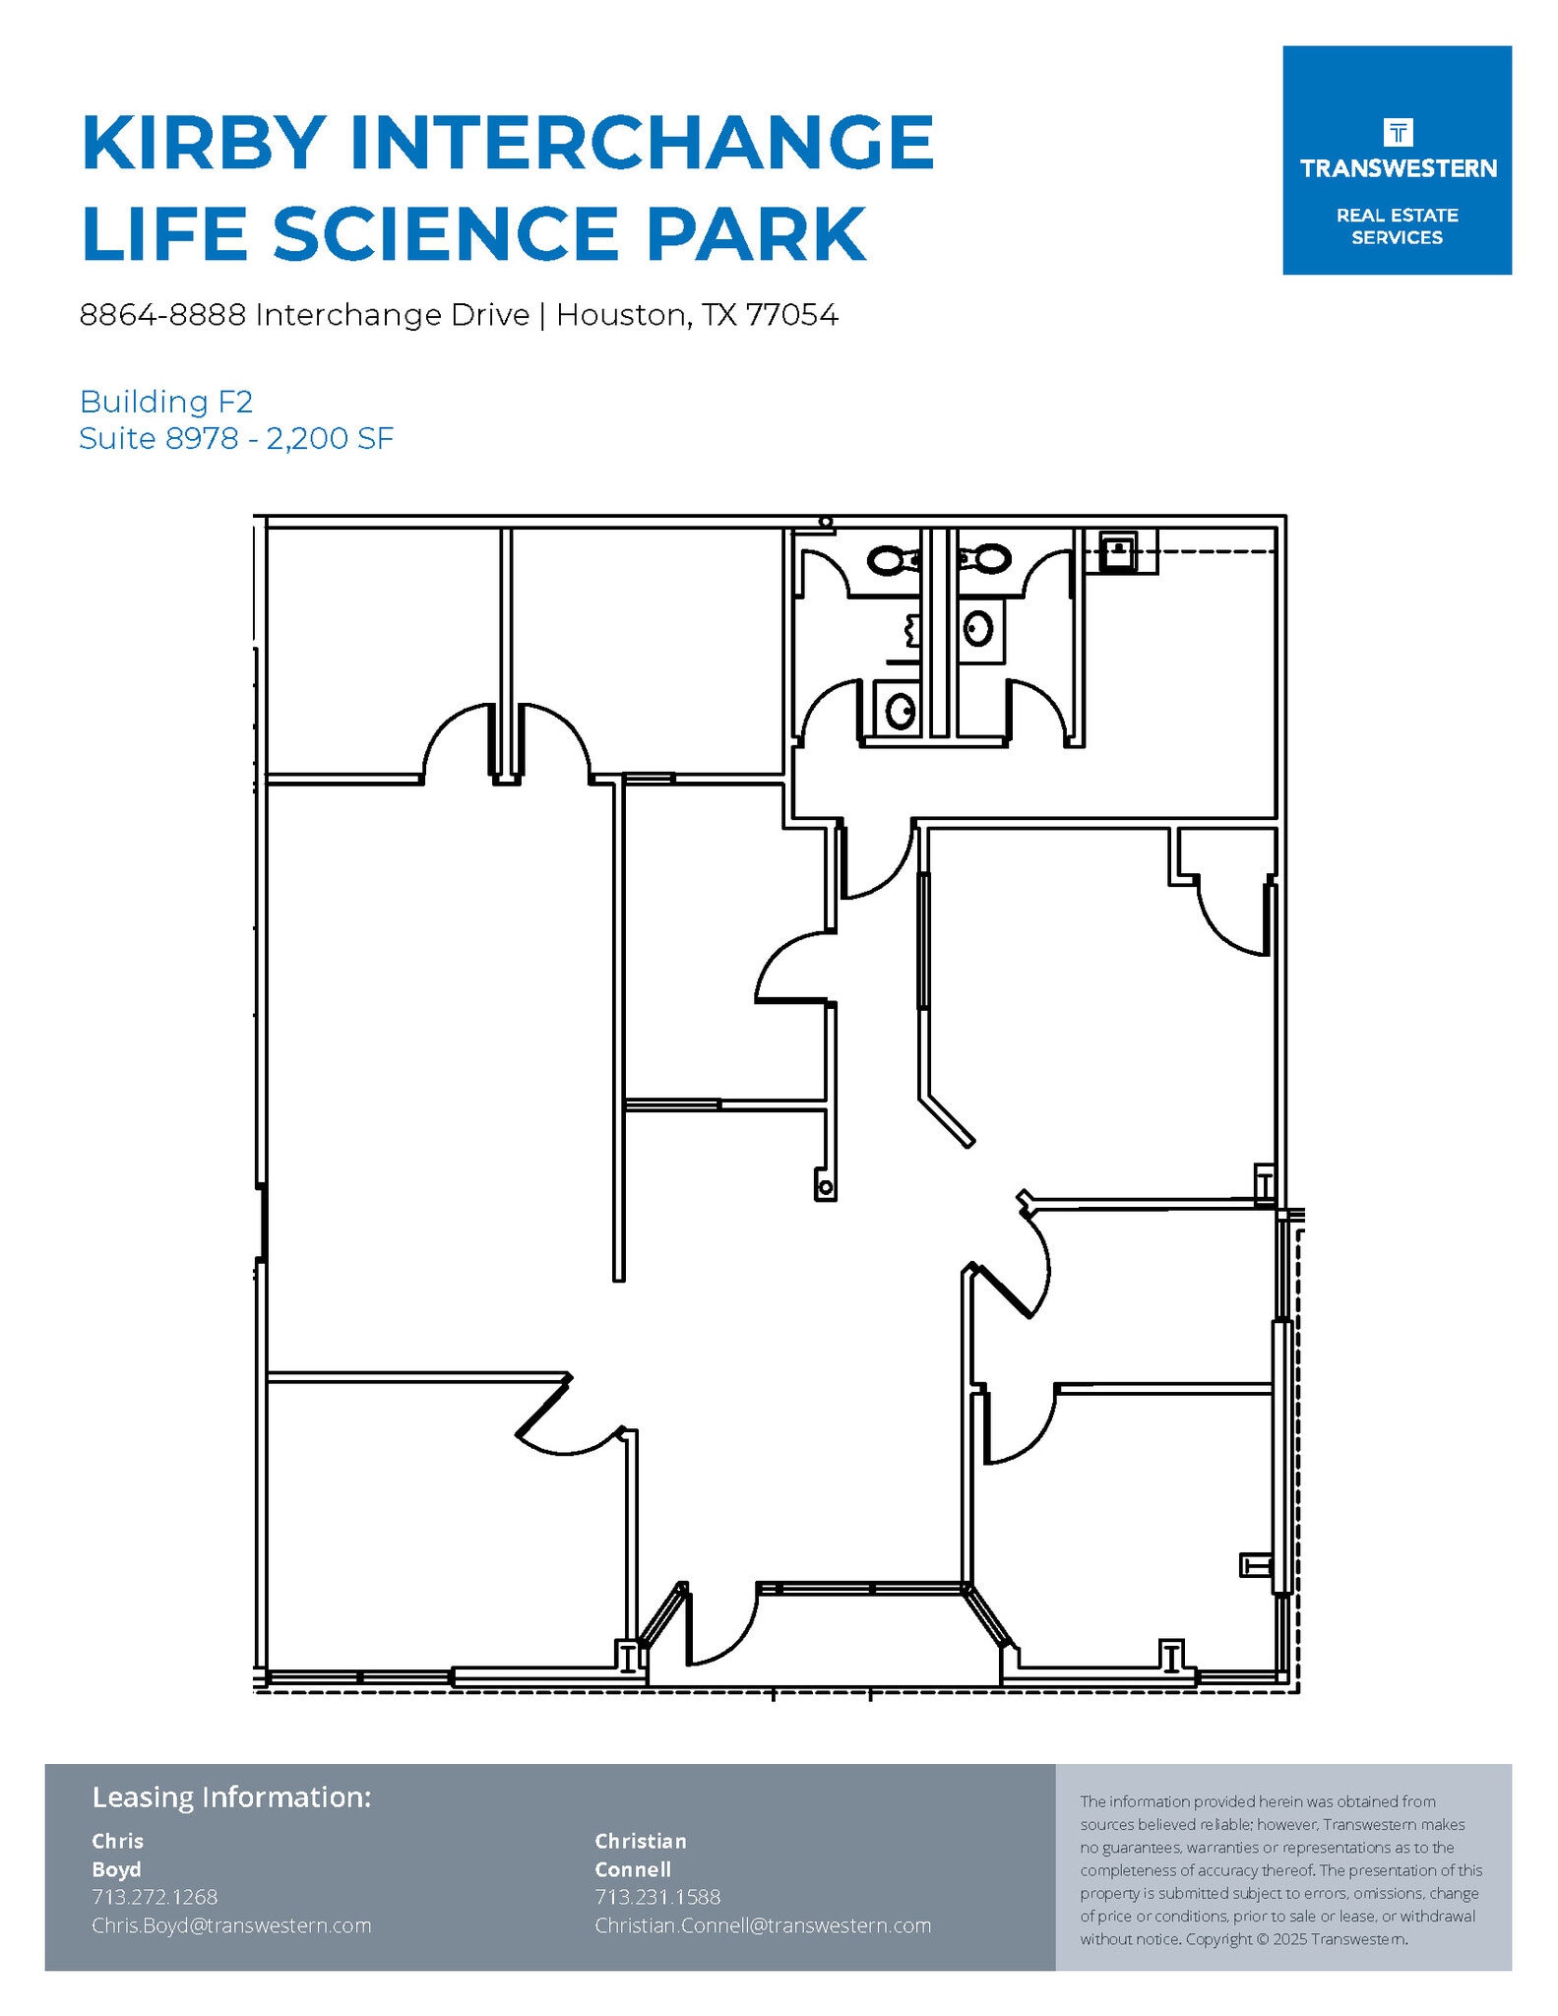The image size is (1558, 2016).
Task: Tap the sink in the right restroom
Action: pyautogui.click(x=978, y=627)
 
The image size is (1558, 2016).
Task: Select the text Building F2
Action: pyautogui.click(x=166, y=402)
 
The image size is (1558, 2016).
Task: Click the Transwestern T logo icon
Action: pyautogui.click(x=1398, y=132)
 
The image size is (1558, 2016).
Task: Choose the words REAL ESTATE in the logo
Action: pyautogui.click(x=1397, y=216)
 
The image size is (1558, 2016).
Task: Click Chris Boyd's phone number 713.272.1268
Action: pyautogui.click(x=155, y=1896)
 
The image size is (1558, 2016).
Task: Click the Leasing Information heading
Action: pyautogui.click(x=231, y=1796)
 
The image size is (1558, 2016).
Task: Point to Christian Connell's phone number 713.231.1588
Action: pyautogui.click(x=657, y=1896)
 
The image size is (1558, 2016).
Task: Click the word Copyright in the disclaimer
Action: pyautogui.click(x=1218, y=1939)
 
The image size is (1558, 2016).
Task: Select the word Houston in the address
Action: pyautogui.click(x=621, y=315)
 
